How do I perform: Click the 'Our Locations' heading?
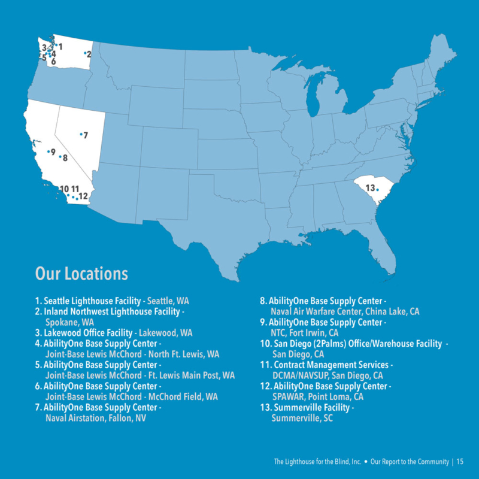81,274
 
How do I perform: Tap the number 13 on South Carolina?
370,189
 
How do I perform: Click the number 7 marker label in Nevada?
86,135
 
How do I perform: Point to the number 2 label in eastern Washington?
89,54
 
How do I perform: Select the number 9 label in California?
53,152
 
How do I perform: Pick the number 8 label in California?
65,158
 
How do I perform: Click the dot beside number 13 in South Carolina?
378,190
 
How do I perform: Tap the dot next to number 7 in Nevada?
81,134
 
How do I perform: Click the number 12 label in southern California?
83,196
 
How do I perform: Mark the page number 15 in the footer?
460,462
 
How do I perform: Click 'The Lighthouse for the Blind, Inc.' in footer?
317,462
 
